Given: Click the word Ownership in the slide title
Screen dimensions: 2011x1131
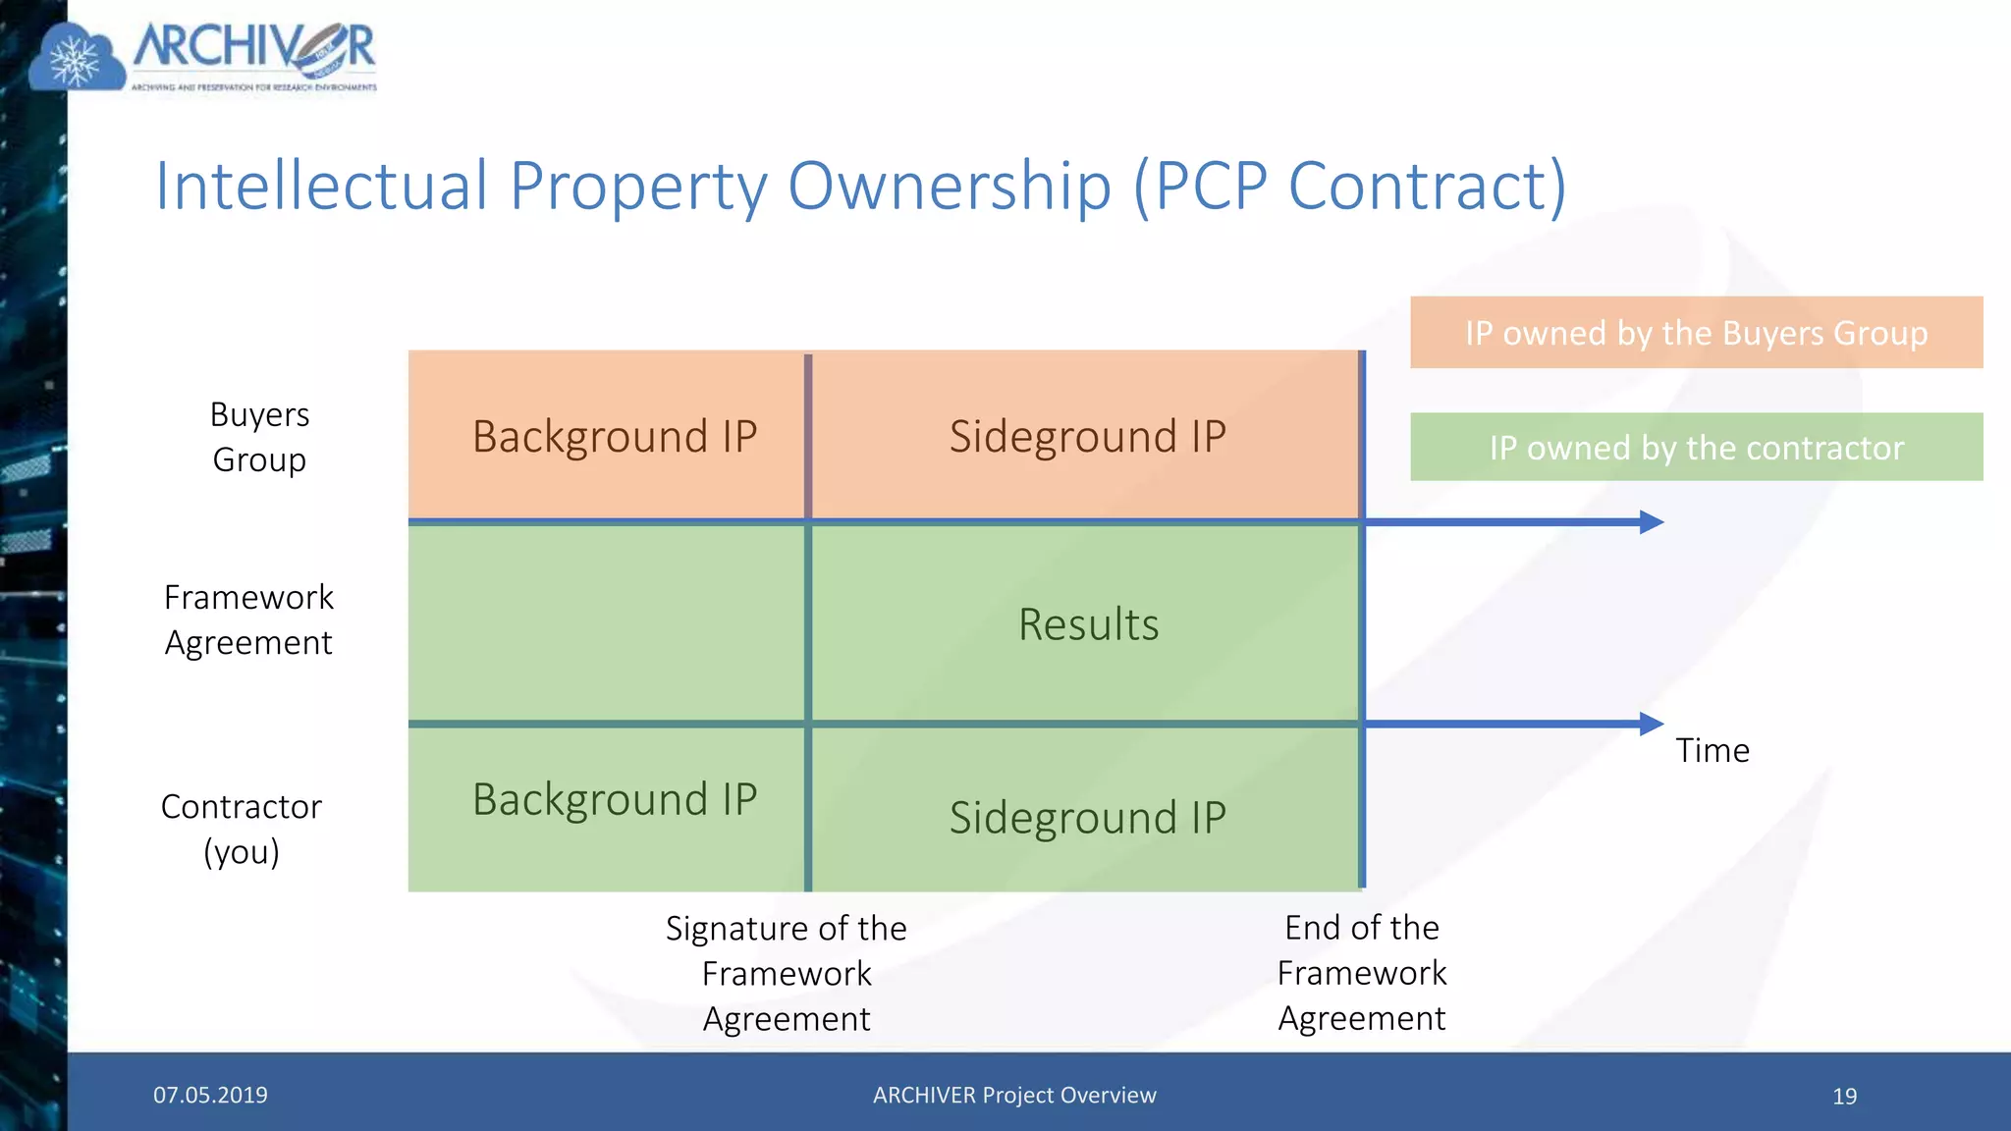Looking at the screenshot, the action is point(950,186).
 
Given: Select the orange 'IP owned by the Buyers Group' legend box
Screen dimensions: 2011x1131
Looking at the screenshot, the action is point(1696,333).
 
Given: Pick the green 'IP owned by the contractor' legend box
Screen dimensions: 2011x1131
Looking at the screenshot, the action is point(1696,448).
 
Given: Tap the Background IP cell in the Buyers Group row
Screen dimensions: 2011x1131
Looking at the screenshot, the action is point(615,436).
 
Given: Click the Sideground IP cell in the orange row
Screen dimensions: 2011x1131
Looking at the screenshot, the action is point(1087,436).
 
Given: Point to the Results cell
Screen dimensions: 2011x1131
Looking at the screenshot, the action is point(1088,624).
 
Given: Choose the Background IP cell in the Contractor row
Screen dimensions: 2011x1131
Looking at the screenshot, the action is point(615,799).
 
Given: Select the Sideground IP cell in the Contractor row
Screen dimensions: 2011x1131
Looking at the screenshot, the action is point(1087,817).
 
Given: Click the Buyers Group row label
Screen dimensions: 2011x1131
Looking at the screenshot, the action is point(259,437).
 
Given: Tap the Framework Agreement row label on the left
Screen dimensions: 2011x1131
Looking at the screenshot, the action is point(248,619).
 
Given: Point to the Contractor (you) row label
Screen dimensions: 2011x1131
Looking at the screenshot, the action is point(242,829).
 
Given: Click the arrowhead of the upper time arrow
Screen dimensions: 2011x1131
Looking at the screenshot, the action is point(1651,522).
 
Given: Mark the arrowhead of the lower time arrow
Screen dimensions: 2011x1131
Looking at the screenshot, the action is point(1651,725).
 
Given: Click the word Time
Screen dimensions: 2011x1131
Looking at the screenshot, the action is point(1712,751).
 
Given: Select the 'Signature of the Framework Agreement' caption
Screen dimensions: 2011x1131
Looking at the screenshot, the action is point(787,973).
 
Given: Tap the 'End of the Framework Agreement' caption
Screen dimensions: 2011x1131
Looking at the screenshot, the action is point(1362,973).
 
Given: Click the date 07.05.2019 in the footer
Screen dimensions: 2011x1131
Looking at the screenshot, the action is point(210,1095).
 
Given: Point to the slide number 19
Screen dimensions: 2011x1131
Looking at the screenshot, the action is point(1844,1096).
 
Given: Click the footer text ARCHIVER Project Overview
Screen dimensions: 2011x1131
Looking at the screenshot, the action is point(1014,1095).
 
